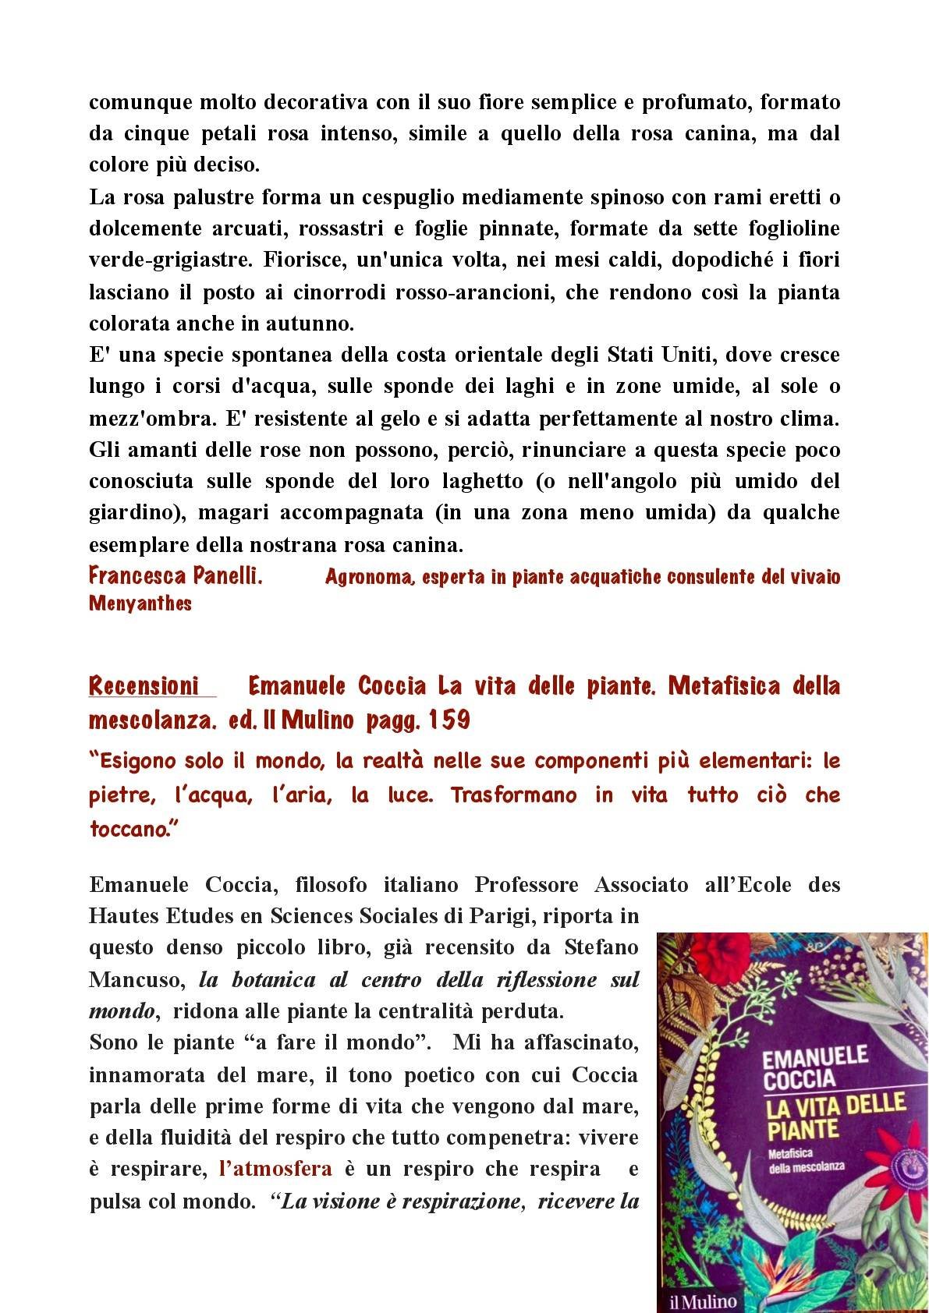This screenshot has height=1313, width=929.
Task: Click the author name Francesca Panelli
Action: point(175,576)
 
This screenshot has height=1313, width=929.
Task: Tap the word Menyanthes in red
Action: point(140,603)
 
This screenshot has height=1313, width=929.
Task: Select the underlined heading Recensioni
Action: point(144,686)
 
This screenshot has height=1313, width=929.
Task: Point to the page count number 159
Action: point(448,720)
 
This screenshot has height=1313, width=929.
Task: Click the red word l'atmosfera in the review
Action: point(276,1169)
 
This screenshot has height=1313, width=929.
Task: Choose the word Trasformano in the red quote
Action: point(525,795)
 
